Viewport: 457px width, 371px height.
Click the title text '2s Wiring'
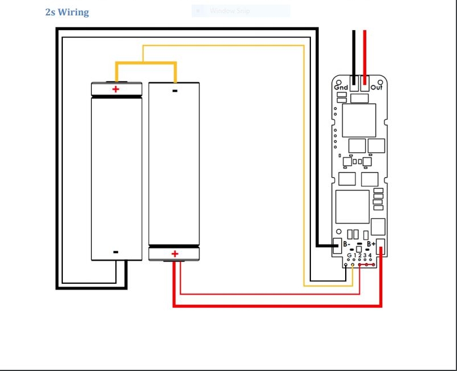click(x=67, y=12)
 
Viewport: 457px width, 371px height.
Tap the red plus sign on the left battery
click(x=116, y=89)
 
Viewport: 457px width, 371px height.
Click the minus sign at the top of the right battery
click(x=175, y=90)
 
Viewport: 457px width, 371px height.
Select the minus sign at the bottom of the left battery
click(x=116, y=252)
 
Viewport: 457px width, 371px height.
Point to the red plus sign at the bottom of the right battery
click(x=175, y=254)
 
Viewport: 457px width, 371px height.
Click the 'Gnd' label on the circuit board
click(x=341, y=87)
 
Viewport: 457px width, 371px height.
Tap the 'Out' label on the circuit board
click(x=377, y=87)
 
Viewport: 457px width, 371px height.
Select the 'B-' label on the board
click(x=347, y=244)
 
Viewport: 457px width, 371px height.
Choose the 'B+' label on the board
click(x=371, y=244)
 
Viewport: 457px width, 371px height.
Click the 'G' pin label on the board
click(x=349, y=255)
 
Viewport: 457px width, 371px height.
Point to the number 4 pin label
click(x=370, y=255)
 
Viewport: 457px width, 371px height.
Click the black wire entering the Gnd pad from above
click(x=354, y=54)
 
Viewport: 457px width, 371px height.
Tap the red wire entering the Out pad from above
click(x=365, y=54)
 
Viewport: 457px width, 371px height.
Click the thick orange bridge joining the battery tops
click(x=145, y=63)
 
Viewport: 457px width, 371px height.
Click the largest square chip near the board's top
click(x=359, y=120)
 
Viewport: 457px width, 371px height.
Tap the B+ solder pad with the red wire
click(x=381, y=247)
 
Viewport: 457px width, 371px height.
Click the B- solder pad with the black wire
click(x=337, y=246)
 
